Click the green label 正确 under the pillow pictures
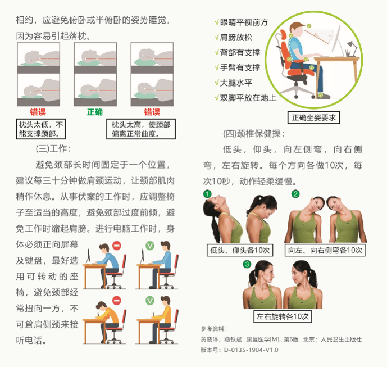point(95,112)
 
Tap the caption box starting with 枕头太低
point(41,129)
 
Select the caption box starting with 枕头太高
point(141,129)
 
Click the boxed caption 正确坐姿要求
point(313,117)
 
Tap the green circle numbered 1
point(207,194)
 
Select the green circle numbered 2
point(295,194)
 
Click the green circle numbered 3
point(247,264)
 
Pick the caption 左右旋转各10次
point(283,316)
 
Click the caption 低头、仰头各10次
point(240,250)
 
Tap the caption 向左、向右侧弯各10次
point(325,250)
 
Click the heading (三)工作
point(53,149)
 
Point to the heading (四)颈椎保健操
point(254,134)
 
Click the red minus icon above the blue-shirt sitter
point(117,246)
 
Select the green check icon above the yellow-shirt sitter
point(150,301)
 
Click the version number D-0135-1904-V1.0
point(251,350)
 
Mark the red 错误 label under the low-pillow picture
point(38,112)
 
